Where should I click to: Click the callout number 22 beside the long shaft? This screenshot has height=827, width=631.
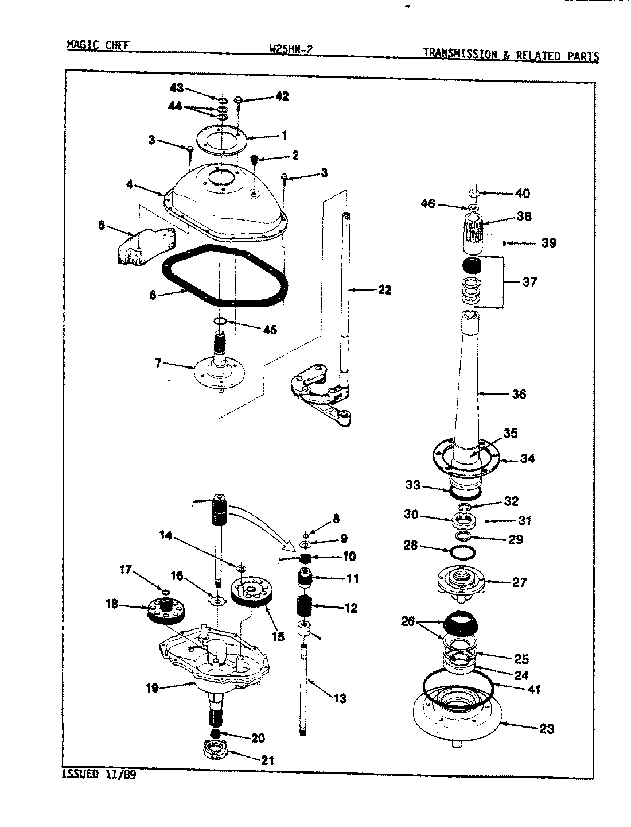click(384, 290)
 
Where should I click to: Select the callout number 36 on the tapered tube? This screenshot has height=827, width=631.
click(519, 394)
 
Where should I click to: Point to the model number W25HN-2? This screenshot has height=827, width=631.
click(290, 49)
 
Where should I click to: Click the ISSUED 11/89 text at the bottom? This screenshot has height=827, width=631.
click(99, 774)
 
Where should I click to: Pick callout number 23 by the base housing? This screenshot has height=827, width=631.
click(546, 729)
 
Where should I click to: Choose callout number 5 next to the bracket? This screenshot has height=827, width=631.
click(102, 225)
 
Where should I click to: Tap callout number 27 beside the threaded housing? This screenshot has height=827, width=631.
click(519, 582)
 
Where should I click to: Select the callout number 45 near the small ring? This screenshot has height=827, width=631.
click(269, 330)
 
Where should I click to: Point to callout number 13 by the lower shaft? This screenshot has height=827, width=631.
click(340, 698)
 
